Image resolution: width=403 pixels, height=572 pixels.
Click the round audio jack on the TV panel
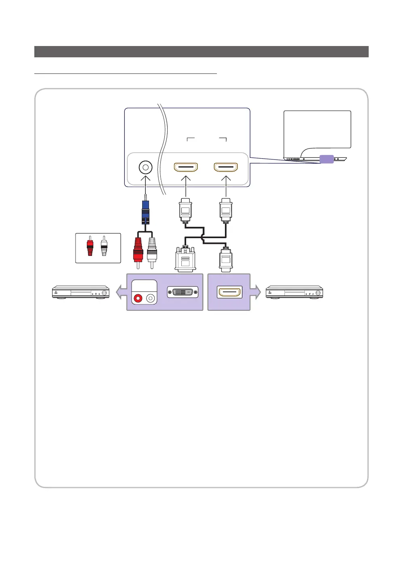tap(145, 167)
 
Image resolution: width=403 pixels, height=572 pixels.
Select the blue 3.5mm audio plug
tap(145, 212)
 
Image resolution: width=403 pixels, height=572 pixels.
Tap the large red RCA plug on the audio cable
tap(138, 250)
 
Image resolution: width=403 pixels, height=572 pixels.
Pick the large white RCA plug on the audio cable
tap(152, 250)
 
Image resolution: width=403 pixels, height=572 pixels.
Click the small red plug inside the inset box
tap(90, 246)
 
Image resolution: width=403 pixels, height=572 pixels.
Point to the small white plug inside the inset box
tap(104, 246)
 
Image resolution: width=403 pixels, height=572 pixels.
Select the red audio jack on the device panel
tap(138, 299)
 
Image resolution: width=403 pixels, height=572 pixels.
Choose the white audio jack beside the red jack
tap(151, 299)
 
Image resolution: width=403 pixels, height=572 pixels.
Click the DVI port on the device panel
tap(183, 292)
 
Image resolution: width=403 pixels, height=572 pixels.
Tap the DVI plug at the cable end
tap(185, 259)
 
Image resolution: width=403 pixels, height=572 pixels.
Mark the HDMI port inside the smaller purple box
tap(230, 292)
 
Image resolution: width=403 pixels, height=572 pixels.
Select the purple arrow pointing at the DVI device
tap(121, 292)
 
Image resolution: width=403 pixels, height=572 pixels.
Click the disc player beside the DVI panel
tap(81, 292)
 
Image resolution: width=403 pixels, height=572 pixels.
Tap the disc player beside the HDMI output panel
tap(294, 292)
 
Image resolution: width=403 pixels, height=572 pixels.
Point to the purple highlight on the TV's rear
tap(327, 159)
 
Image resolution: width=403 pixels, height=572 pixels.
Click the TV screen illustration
tap(317, 129)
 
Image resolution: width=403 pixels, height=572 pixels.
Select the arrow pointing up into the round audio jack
tap(145, 180)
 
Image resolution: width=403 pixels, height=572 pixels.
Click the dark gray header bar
tap(201, 52)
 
